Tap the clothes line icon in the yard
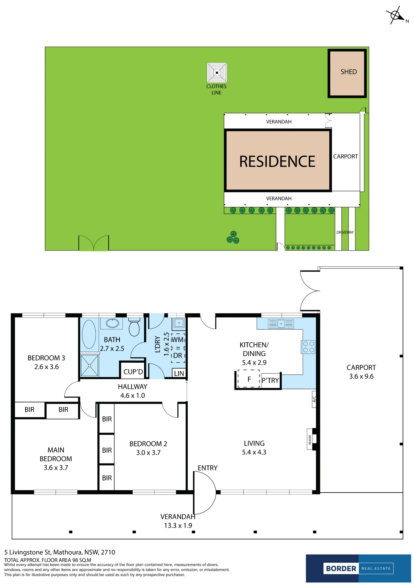click(x=217, y=73)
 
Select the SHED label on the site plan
click(x=348, y=72)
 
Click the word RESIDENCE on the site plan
click(x=277, y=161)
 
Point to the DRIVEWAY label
click(x=345, y=232)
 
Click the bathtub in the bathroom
click(x=89, y=334)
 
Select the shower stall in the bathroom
click(x=90, y=365)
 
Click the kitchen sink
click(x=281, y=323)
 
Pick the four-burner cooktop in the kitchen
click(x=308, y=347)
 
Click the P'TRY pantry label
click(x=270, y=380)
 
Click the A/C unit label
click(x=314, y=399)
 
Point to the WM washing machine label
click(x=177, y=340)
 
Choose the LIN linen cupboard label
click(x=179, y=373)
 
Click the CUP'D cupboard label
click(x=133, y=372)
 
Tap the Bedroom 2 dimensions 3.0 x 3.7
click(x=148, y=452)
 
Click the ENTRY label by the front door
click(x=208, y=468)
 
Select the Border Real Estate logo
click(x=358, y=568)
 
